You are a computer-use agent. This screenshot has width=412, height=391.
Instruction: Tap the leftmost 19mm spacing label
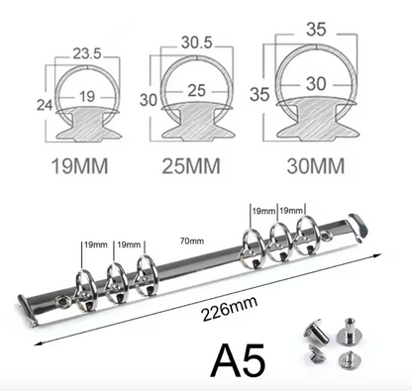click(x=95, y=244)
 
